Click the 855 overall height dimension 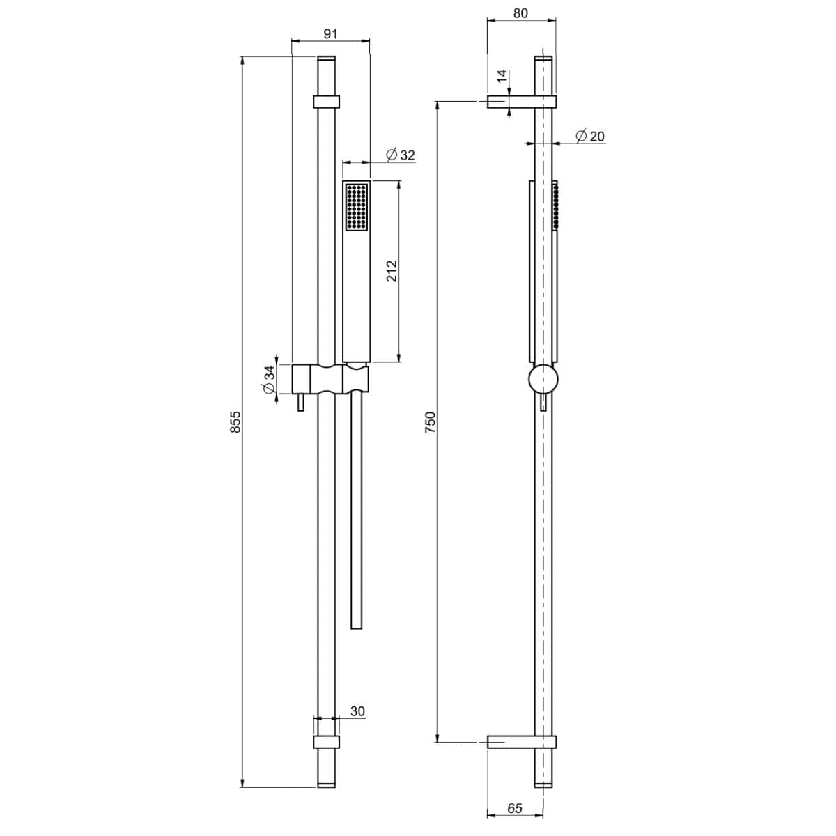(x=235, y=421)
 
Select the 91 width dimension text (x=331, y=33)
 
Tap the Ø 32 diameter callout (x=401, y=155)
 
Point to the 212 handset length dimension (x=392, y=271)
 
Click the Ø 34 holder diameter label (x=268, y=379)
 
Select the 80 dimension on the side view (x=520, y=13)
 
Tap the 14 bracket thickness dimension (x=502, y=77)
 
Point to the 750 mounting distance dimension (x=430, y=422)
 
